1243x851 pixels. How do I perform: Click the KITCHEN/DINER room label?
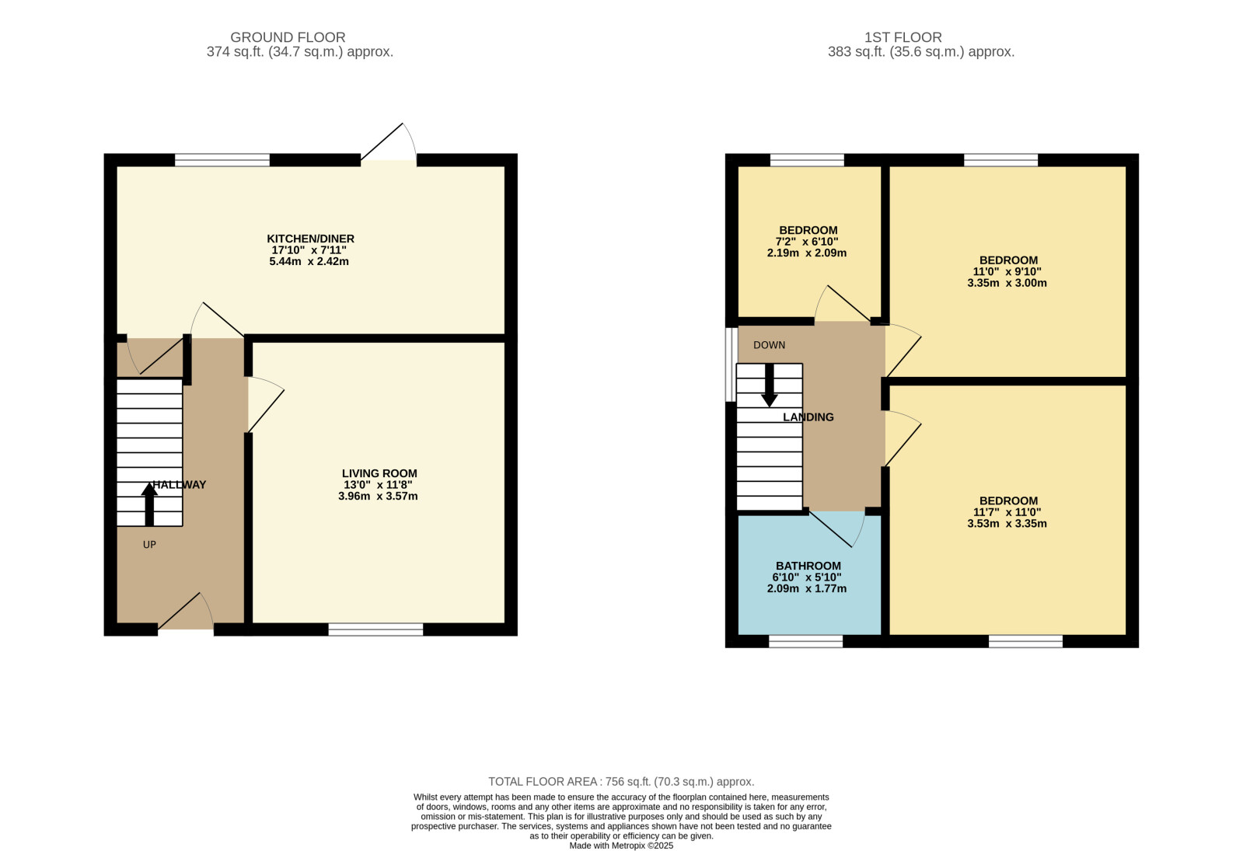click(x=311, y=239)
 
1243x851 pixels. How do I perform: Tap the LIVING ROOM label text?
click(x=379, y=473)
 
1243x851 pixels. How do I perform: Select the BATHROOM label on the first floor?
click(x=808, y=566)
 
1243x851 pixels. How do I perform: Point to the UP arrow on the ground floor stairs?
click(x=149, y=504)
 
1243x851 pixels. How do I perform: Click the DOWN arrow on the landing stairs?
click(x=769, y=385)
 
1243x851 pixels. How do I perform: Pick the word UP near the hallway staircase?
click(x=149, y=545)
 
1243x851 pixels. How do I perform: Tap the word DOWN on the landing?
click(x=769, y=345)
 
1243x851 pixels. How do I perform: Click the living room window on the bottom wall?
click(x=375, y=629)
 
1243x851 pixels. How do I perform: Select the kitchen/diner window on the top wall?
click(x=222, y=160)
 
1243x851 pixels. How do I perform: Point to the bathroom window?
click(x=805, y=641)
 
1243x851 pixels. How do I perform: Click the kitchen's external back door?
click(x=389, y=143)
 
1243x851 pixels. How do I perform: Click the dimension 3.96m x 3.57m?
click(x=378, y=496)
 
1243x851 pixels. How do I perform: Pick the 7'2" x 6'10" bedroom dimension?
click(x=807, y=242)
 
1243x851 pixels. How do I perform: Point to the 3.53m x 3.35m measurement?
click(x=1007, y=524)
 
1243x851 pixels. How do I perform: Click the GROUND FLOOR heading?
click(x=288, y=37)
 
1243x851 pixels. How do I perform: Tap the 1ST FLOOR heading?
click(x=903, y=37)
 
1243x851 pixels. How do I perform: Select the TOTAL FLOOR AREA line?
click(x=622, y=782)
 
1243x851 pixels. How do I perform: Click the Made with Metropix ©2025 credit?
click(x=622, y=846)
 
